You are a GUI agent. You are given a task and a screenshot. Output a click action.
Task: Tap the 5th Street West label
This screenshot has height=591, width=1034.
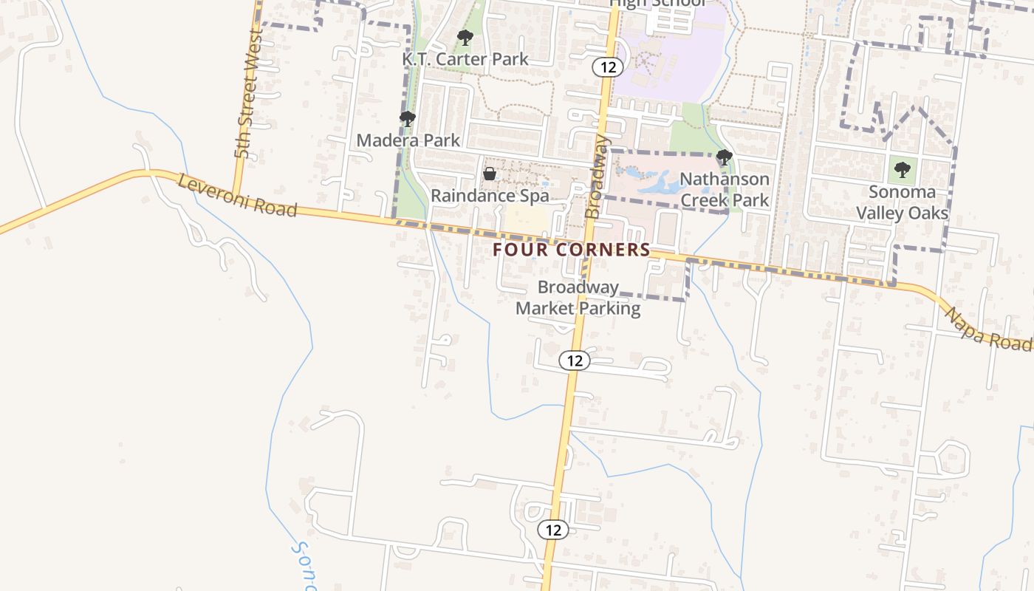pos(248,94)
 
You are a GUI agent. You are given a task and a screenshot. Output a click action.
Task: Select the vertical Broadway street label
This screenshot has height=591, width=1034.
pos(598,176)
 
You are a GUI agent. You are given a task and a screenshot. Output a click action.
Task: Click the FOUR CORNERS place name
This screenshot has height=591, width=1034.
pos(572,250)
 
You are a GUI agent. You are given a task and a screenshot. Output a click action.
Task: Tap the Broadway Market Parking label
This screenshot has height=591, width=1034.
pos(578,297)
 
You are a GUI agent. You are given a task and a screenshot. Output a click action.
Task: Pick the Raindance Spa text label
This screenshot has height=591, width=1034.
pos(490,196)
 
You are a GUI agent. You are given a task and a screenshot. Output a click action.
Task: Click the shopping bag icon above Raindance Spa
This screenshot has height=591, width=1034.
pos(489,174)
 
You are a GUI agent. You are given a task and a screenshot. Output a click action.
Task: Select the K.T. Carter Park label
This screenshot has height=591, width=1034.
pos(465,58)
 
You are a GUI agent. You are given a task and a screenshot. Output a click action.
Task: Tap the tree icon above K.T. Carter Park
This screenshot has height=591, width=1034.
pos(465,37)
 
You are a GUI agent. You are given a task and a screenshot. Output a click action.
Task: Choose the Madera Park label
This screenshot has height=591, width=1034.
pos(408,140)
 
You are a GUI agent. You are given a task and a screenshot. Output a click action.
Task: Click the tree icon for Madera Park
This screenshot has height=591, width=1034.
pos(407,118)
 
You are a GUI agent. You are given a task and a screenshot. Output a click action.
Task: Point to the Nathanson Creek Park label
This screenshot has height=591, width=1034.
pos(725,189)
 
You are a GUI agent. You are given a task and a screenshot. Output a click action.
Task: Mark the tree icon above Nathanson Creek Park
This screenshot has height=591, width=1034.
pos(725,157)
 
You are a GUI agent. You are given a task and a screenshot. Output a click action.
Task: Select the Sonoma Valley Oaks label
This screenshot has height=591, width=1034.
pos(902,202)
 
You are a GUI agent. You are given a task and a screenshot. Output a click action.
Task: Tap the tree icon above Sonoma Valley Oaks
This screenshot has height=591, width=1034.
pos(902,170)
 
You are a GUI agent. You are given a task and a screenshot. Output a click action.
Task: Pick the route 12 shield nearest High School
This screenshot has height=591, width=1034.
pos(608,67)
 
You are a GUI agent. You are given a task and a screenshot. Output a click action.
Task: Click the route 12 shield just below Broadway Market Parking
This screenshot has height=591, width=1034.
pos(575,361)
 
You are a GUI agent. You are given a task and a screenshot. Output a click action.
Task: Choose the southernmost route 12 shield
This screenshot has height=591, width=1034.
pos(553,529)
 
